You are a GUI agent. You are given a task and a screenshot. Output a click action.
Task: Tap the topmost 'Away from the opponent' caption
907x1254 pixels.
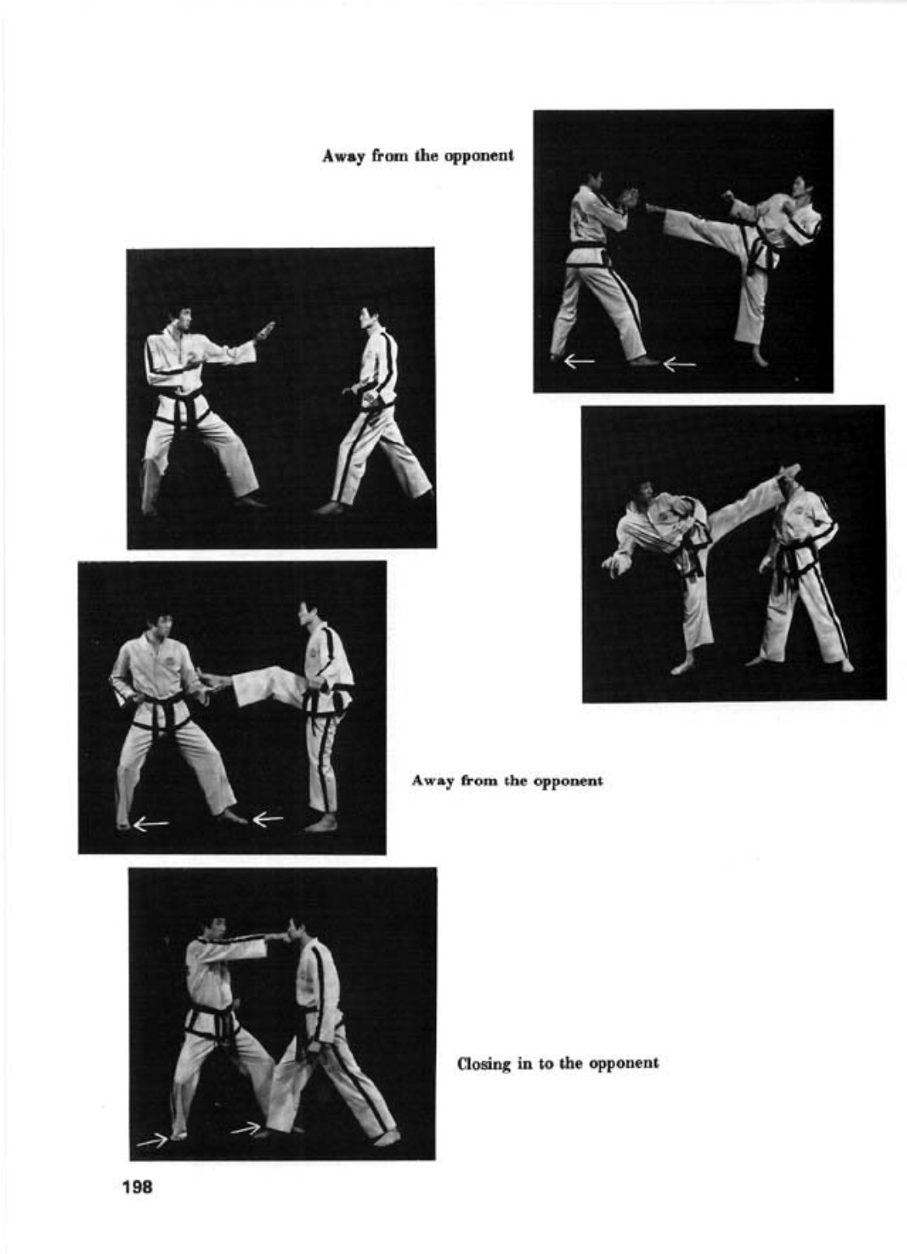click(x=417, y=156)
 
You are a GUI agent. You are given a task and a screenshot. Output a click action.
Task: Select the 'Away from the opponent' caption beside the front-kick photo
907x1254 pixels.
click(x=507, y=781)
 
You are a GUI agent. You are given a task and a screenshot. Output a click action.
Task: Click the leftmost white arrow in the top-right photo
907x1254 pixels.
click(x=579, y=361)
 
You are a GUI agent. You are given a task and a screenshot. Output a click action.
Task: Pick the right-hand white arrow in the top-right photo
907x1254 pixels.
click(x=679, y=365)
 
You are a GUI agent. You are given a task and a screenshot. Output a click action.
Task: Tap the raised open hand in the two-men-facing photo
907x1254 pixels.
click(x=265, y=331)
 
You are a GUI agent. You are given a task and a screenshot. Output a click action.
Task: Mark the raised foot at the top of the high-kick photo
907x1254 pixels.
click(x=788, y=471)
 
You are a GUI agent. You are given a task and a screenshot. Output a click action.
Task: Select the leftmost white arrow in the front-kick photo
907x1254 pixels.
click(x=151, y=825)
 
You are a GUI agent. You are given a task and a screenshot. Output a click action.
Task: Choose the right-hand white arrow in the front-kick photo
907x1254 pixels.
click(x=267, y=820)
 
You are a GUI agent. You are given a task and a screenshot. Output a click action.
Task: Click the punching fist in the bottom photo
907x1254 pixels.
click(x=277, y=936)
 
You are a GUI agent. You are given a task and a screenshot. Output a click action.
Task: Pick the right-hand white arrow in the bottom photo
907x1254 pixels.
click(x=246, y=1128)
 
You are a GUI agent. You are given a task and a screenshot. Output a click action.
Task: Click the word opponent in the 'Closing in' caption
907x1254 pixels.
click(x=623, y=1063)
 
